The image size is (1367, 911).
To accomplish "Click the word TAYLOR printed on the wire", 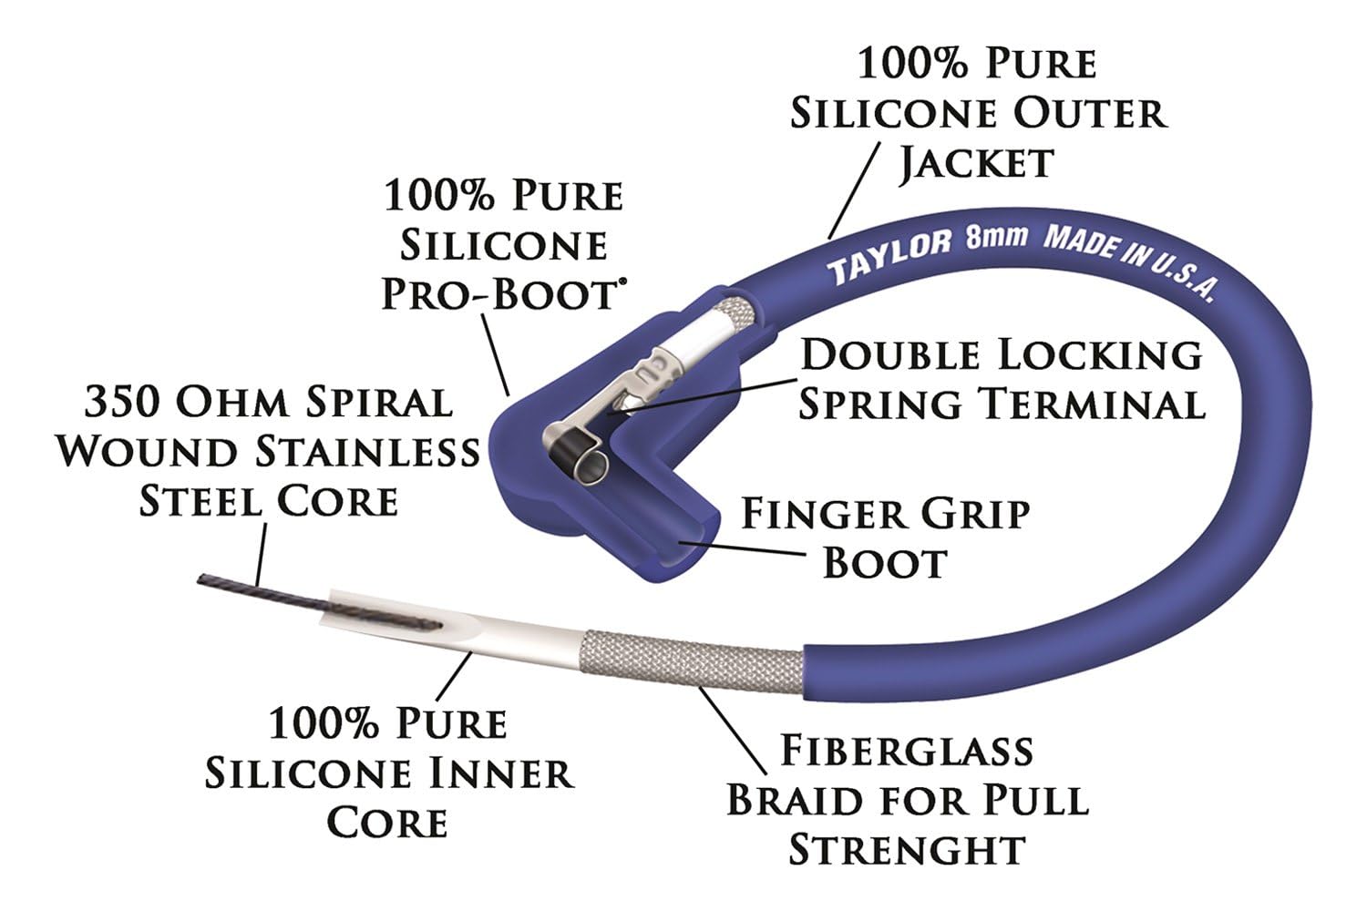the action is [889, 256].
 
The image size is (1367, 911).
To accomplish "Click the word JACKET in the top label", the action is [976, 164].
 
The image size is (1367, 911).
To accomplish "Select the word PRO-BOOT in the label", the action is [499, 295].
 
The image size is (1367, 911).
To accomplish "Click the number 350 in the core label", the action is [123, 403].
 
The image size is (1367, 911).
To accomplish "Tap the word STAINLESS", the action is [367, 453].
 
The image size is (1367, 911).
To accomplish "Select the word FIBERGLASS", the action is [907, 751].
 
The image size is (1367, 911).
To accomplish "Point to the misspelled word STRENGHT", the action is [907, 849].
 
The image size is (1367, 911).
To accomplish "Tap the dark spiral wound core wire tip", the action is [201, 579].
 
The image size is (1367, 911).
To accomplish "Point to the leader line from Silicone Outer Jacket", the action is [855, 190].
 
